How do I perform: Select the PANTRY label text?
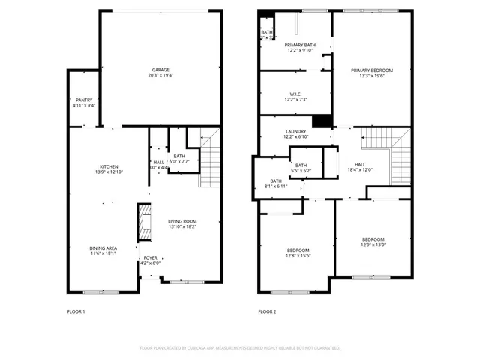(x=83, y=100)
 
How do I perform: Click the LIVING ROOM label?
(x=181, y=221)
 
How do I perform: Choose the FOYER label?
(x=151, y=257)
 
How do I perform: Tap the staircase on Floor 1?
(x=210, y=160)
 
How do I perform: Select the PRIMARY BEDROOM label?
(x=371, y=70)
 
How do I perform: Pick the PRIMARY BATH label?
(x=300, y=45)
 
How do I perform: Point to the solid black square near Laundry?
(x=322, y=120)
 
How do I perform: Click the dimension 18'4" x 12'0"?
(x=360, y=169)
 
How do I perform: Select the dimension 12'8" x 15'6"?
(x=298, y=256)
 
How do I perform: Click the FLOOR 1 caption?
(x=76, y=311)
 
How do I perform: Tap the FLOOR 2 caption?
(x=267, y=311)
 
